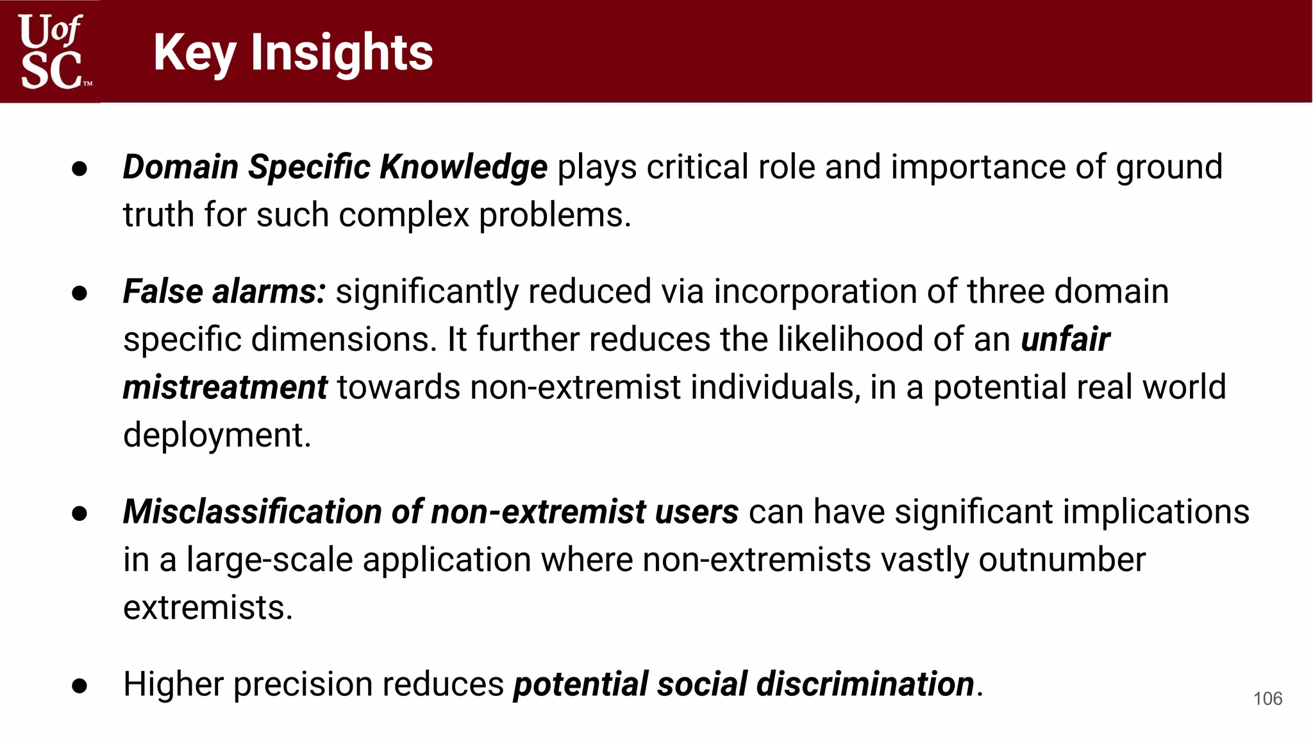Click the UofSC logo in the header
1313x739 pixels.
[51, 51]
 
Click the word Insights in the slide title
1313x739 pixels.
[342, 53]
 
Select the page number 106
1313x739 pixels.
[1267, 699]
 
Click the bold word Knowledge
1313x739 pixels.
[464, 167]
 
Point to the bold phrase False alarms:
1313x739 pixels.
[224, 292]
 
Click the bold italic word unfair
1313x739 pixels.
[1065, 339]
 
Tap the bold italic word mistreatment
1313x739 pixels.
[225, 387]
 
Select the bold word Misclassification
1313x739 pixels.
[253, 512]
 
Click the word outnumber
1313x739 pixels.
[1062, 560]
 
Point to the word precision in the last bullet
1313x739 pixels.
[302, 684]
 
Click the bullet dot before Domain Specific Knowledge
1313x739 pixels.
[79, 169]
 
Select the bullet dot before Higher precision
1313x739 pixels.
[79, 686]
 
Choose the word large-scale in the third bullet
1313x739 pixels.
[269, 560]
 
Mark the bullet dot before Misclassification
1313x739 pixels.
[79, 513]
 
